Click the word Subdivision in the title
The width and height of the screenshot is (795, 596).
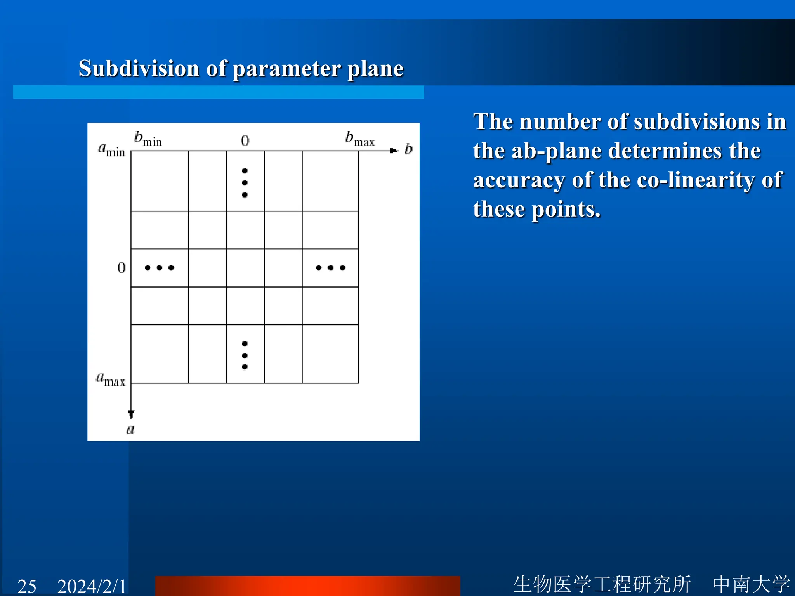[139, 69]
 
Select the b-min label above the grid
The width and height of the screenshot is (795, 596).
[148, 139]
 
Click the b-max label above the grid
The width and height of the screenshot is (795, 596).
[359, 139]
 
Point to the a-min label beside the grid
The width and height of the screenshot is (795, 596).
[111, 149]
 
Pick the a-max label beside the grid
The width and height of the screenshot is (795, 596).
[111, 379]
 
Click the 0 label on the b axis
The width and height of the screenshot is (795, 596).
[245, 140]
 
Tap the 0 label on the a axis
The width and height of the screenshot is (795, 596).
[122, 267]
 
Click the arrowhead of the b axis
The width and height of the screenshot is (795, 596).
[394, 151]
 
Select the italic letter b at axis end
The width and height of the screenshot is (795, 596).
[408, 149]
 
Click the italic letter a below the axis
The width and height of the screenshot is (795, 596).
[130, 429]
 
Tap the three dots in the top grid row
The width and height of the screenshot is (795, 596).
[245, 182]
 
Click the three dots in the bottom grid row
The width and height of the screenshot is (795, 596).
[245, 355]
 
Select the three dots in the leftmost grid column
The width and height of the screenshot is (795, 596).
[159, 267]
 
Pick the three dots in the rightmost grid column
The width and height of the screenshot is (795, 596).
[330, 267]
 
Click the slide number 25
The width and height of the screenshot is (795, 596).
[27, 586]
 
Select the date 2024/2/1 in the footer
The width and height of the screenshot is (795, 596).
[92, 586]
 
